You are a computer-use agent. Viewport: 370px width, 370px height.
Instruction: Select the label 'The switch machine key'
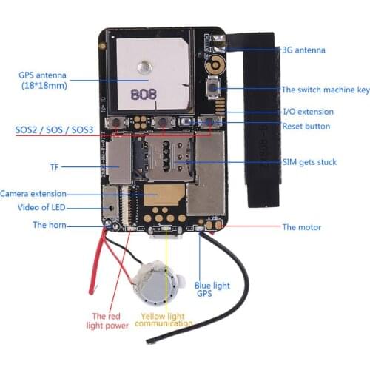[325, 90]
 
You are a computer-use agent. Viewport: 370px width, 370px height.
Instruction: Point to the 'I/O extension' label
[308, 112]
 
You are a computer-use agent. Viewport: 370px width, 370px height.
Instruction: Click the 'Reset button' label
[306, 126]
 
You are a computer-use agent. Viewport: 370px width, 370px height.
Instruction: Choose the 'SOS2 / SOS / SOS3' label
[54, 129]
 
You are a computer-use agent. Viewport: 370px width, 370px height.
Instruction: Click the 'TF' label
[54, 167]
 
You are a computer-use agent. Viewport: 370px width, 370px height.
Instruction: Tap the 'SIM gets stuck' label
[310, 162]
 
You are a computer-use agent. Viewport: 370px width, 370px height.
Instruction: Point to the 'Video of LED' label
[45, 207]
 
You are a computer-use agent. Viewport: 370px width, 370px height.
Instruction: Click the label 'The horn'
[50, 225]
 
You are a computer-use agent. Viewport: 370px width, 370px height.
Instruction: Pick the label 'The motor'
[301, 227]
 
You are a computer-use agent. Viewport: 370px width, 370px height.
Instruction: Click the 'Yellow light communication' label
[162, 320]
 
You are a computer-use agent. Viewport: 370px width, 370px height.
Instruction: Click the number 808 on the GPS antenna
[141, 94]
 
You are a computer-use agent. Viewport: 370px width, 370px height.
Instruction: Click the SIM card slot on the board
[161, 160]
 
